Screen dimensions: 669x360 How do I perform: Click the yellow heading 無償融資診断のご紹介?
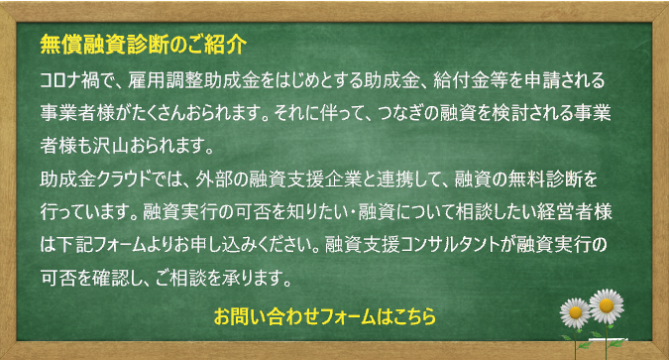143,45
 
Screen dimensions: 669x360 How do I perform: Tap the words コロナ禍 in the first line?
71,80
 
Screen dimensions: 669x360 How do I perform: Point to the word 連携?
395,180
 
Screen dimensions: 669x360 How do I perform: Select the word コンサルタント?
451,245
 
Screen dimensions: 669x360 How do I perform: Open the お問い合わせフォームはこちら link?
325,316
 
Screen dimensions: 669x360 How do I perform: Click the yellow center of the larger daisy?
606,305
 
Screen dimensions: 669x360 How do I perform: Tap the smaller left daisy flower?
576,313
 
